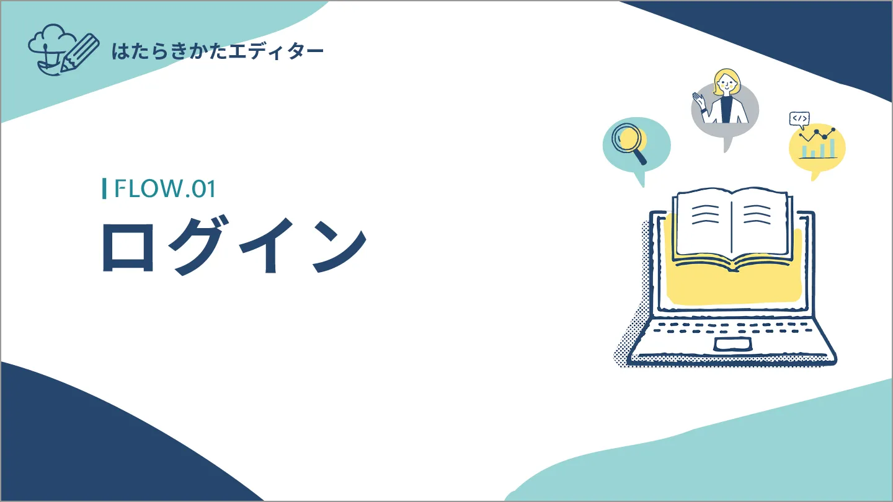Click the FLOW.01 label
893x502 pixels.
point(164,188)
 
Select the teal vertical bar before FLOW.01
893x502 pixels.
point(104,188)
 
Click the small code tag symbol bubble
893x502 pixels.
point(799,118)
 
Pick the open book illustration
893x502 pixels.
point(732,229)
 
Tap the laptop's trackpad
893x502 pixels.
point(733,345)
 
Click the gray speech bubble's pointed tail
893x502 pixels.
point(727,145)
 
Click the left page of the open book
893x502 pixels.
point(703,223)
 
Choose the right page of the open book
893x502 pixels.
point(759,223)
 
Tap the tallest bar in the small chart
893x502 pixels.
point(833,148)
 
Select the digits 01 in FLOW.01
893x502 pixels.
point(203,188)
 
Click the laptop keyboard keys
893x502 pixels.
point(732,327)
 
